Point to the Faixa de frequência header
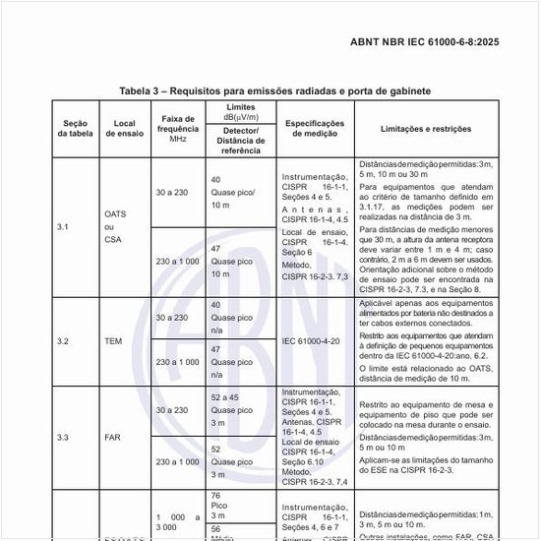[177, 127]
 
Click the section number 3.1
[63, 227]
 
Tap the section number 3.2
[63, 341]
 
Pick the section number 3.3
[63, 437]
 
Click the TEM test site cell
[113, 341]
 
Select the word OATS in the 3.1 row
[115, 213]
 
